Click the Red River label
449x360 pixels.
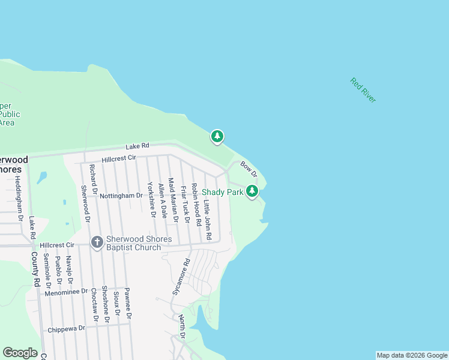coord(363,91)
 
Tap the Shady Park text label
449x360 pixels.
coord(222,192)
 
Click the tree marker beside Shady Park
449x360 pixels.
coord(253,191)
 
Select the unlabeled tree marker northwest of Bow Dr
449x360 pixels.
coord(217,137)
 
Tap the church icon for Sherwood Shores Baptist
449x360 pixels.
coord(96,242)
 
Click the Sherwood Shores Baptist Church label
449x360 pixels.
coord(139,243)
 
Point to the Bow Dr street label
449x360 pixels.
coord(249,169)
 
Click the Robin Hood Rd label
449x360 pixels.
coord(196,200)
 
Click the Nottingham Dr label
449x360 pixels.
coord(121,196)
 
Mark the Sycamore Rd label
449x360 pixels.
coord(181,276)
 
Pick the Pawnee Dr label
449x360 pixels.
coord(128,303)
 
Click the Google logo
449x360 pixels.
coord(20,353)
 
